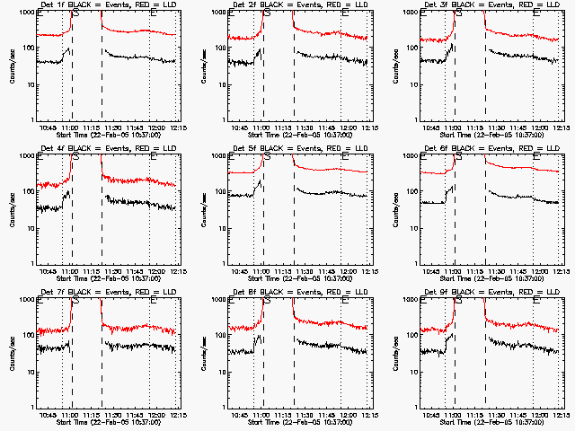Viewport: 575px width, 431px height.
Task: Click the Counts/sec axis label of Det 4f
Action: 12,208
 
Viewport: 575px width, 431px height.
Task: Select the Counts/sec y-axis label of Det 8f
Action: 203,352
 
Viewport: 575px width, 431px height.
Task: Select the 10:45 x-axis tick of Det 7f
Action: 49,414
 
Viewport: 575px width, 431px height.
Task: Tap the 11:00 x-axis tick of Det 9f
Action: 453,414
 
